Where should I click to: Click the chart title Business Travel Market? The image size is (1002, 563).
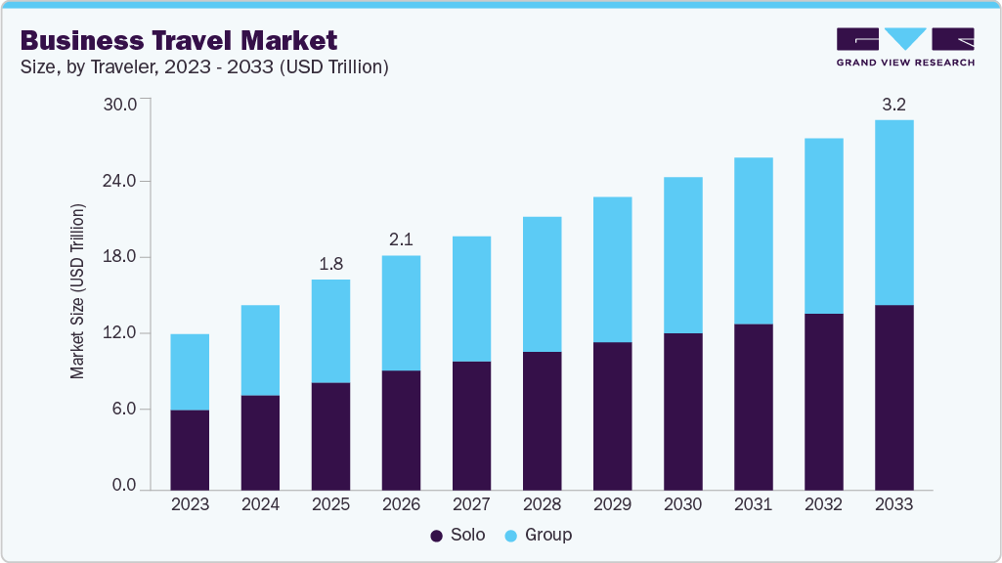[x=179, y=40]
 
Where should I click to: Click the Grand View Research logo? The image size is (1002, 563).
[x=905, y=46]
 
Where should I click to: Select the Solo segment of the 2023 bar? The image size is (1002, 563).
[x=190, y=450]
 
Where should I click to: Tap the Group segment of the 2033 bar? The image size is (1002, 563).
[x=893, y=212]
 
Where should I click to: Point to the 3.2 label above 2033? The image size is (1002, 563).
[x=893, y=105]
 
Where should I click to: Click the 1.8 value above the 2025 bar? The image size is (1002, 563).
[x=330, y=264]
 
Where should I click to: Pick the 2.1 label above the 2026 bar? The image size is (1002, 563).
[x=401, y=239]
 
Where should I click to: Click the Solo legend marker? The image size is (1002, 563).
[x=436, y=536]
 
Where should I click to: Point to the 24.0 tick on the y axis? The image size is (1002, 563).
[x=122, y=181]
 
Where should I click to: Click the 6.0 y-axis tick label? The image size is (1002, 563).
[x=126, y=409]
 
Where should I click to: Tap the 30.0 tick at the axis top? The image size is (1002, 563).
[x=122, y=104]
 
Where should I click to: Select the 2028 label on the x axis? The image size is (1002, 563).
[x=542, y=504]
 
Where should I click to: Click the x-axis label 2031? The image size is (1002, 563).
[x=753, y=504]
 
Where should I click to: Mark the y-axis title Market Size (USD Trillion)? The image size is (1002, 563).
[x=78, y=291]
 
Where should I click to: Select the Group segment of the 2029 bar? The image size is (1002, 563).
[x=612, y=269]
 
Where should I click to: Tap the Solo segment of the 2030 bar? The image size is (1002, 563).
[x=682, y=411]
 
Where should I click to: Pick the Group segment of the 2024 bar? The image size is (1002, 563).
[x=260, y=350]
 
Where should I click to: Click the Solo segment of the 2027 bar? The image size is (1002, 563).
[x=471, y=425]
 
